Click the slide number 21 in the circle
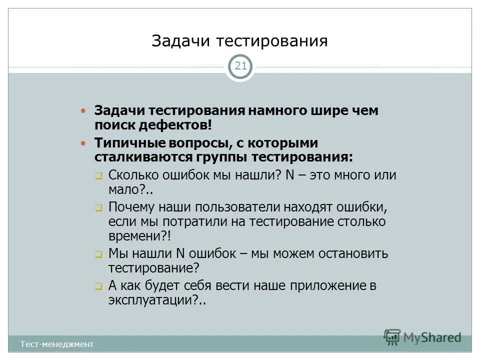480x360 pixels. (x=240, y=66)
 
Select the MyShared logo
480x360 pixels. (x=423, y=337)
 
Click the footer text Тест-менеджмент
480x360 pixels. (x=57, y=344)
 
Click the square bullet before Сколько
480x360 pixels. (x=98, y=176)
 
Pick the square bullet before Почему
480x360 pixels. (x=98, y=207)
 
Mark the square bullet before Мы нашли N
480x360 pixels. (x=98, y=254)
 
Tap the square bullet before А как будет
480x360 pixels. (x=98, y=287)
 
